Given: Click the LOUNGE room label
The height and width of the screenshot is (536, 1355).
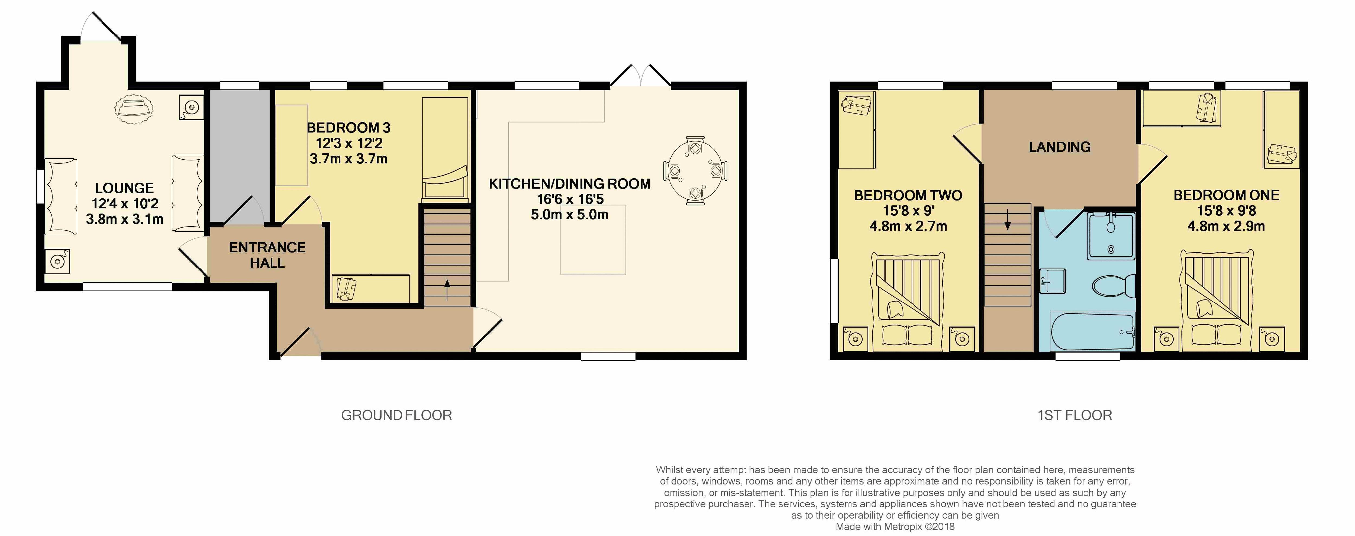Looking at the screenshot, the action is click(x=125, y=188).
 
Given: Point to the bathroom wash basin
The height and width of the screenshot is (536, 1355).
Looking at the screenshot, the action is click(x=1053, y=280).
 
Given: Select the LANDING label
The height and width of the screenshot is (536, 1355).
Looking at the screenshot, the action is click(x=1059, y=147).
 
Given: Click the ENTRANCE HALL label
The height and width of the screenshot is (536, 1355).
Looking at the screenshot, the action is click(x=267, y=255).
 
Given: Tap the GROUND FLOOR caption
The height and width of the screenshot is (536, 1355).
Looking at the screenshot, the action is click(x=397, y=415).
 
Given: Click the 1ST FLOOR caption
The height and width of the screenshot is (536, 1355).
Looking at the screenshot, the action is click(x=1075, y=415).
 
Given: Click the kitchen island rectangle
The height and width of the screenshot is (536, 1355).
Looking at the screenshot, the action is click(x=593, y=240).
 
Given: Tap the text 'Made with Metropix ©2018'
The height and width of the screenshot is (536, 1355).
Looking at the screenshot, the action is click(x=895, y=527).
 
